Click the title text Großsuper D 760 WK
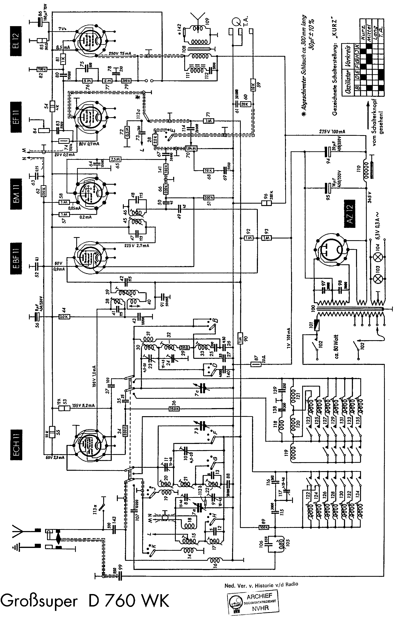pos(85,600)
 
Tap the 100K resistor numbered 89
pos(264,527)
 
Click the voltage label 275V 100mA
pos(332,132)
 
